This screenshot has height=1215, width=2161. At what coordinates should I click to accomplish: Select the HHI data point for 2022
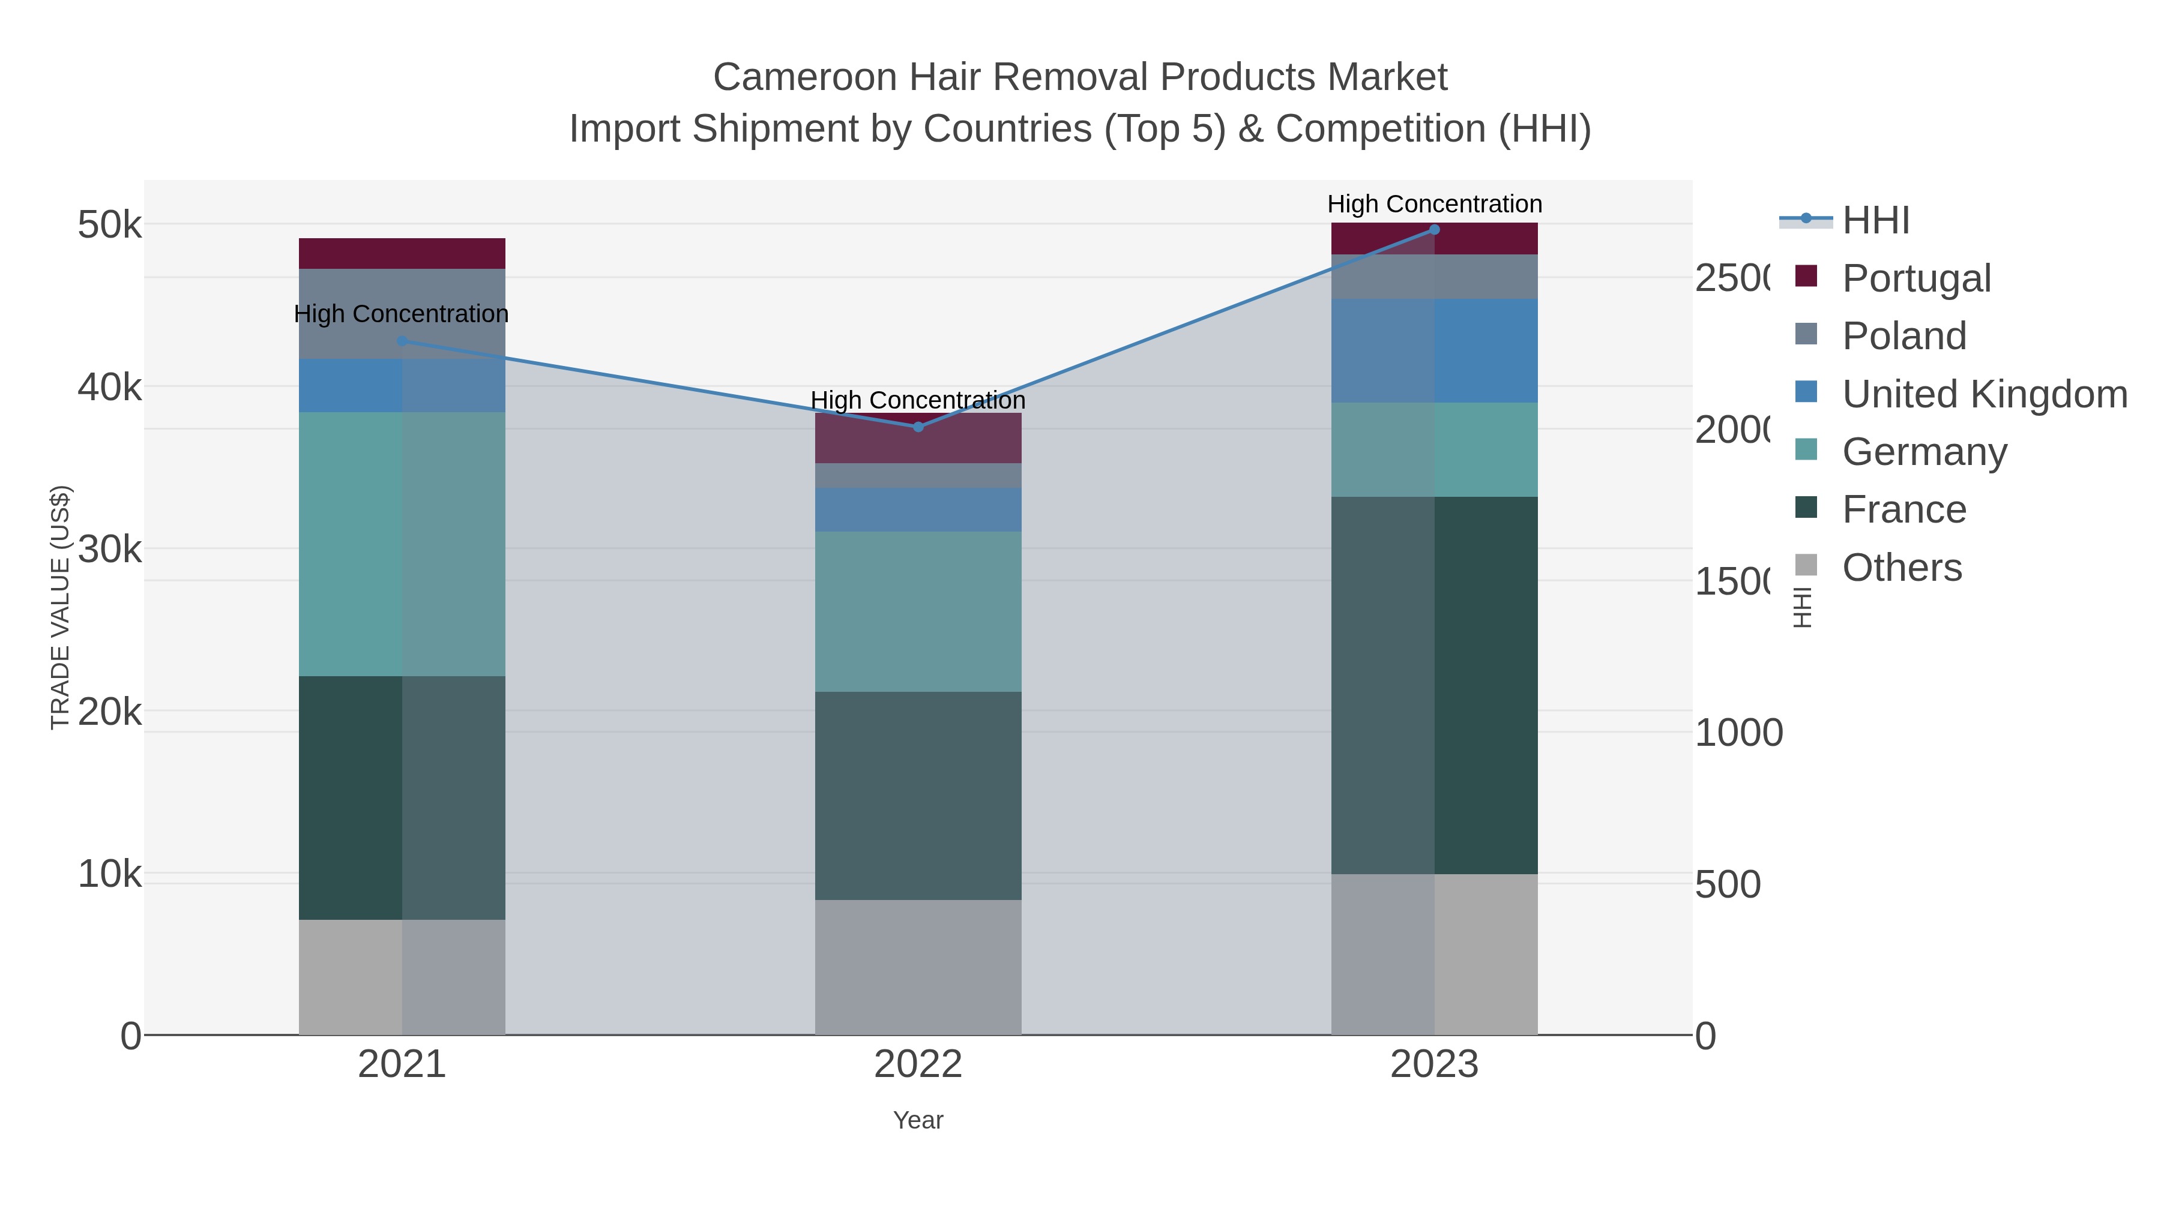coord(918,427)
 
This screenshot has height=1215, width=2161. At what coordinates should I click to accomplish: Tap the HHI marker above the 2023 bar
coord(1433,230)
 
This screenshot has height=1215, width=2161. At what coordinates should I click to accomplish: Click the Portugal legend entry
coord(1916,278)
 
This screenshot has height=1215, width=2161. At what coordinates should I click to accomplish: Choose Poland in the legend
coord(1904,336)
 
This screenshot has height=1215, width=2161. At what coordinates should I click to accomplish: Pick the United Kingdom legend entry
coord(1984,394)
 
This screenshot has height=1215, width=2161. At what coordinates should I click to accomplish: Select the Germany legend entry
coord(1924,452)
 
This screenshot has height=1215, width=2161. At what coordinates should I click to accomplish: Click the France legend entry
coord(1904,510)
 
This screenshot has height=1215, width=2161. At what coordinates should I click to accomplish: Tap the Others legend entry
coord(1902,568)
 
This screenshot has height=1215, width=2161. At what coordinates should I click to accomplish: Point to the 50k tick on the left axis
coord(109,225)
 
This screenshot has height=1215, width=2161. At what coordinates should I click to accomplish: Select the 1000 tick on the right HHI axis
coord(1738,733)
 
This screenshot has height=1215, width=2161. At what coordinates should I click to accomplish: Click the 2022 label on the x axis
coord(918,1065)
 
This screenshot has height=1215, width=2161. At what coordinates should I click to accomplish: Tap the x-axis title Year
coord(918,1120)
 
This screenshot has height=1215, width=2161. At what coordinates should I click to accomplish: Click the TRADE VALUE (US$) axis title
coord(61,607)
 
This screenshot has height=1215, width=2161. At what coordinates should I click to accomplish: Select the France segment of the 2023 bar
coord(1433,685)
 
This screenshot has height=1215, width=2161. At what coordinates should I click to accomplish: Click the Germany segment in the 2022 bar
coord(918,611)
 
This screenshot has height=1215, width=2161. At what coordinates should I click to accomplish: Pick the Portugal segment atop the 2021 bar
coord(402,253)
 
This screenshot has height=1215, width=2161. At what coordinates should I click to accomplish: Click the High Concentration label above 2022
coord(918,401)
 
